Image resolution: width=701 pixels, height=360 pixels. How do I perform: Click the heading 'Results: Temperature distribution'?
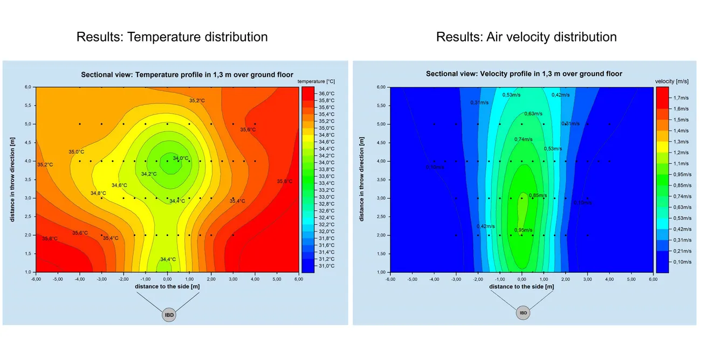click(x=172, y=37)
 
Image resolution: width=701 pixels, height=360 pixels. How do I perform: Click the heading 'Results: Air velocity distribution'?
click(x=526, y=37)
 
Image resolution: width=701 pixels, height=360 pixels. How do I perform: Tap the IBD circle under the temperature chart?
click(x=169, y=314)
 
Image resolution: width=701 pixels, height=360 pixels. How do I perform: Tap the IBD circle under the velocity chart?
click(x=523, y=313)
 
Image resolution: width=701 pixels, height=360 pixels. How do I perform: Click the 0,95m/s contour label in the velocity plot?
click(x=523, y=230)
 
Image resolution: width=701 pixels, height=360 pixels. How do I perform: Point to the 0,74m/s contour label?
click(x=523, y=139)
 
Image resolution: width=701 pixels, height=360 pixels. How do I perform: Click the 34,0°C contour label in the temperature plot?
click(x=181, y=158)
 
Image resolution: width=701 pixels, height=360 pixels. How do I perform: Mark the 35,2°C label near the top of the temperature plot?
click(x=197, y=100)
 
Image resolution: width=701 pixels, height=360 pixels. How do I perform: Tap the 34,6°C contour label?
click(x=119, y=185)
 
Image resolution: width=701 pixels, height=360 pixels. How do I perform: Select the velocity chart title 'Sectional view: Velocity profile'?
click(x=524, y=74)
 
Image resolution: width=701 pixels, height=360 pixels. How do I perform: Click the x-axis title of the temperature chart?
click(x=168, y=287)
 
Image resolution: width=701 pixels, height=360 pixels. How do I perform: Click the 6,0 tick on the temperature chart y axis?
click(x=28, y=87)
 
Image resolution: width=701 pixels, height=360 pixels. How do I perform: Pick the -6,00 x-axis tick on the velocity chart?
click(x=389, y=280)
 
